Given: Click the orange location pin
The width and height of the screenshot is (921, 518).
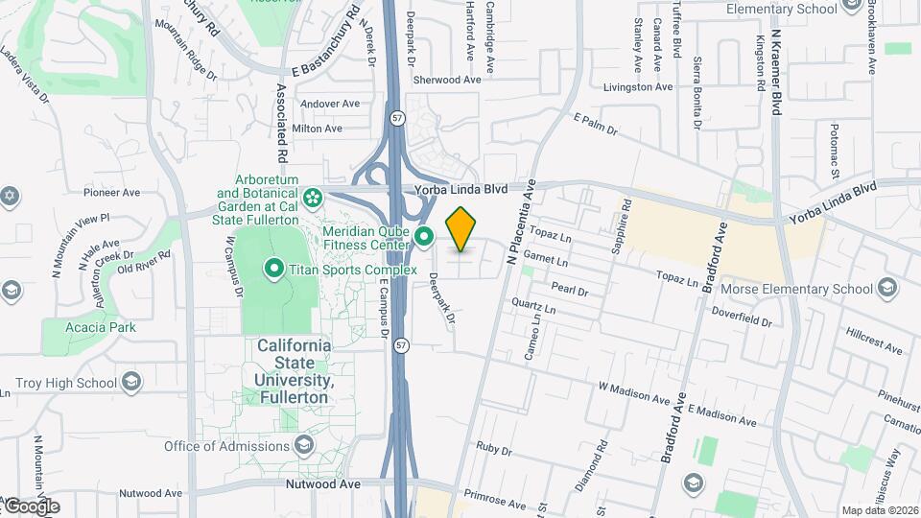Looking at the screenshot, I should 460,228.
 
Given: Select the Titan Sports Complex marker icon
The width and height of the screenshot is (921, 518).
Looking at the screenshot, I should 272,270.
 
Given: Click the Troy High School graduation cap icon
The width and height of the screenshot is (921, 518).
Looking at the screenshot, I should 131,383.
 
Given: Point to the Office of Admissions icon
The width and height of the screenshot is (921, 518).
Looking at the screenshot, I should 304,445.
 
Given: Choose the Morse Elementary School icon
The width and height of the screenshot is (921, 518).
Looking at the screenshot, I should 887,289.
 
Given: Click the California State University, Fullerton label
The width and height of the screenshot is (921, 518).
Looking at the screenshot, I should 295,369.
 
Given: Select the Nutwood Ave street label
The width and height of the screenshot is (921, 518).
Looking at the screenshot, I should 323,484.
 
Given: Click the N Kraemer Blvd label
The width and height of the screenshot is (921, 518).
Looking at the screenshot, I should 775,48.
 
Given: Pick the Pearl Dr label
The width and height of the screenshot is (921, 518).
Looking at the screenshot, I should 569,289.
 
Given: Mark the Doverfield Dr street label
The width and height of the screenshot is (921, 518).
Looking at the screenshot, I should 741,317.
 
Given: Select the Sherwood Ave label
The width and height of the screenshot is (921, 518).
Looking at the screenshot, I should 446,81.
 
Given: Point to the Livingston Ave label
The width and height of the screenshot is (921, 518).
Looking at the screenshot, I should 638,86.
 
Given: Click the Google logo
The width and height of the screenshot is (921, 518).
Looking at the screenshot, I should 32,506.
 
